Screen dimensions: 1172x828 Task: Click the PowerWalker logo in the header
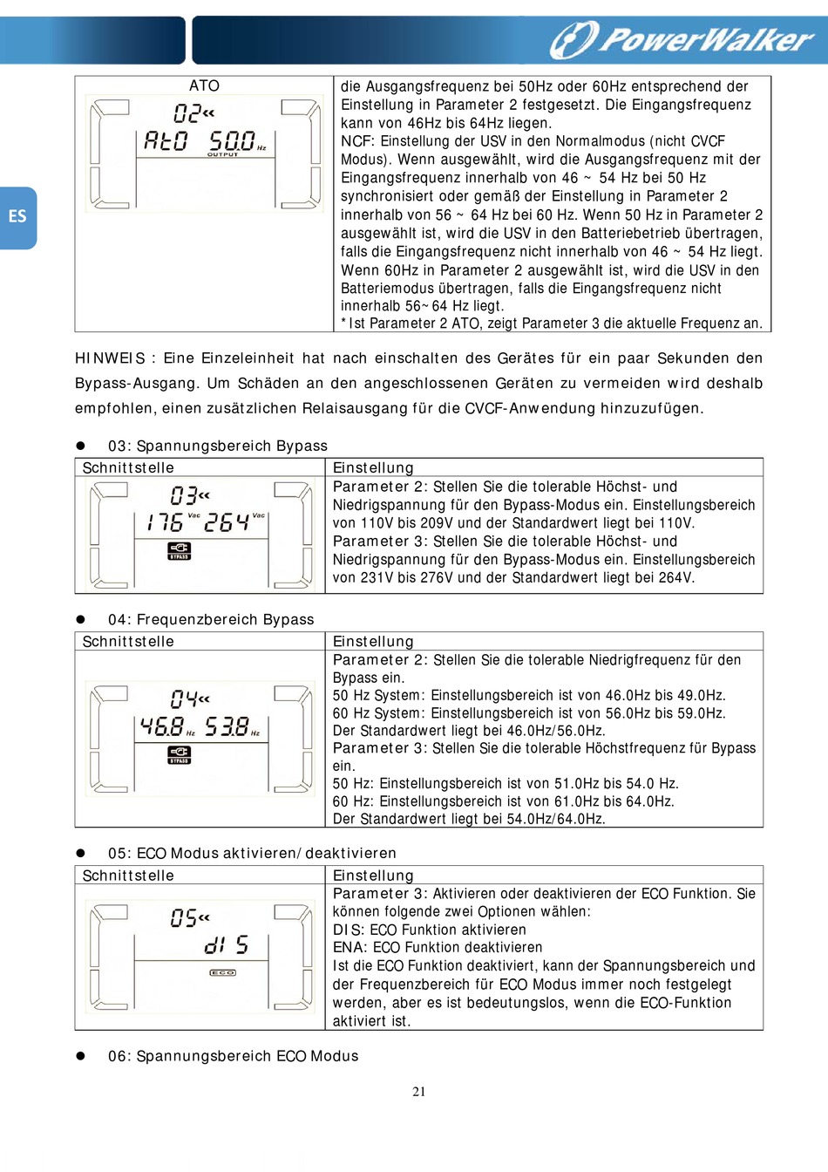[x=682, y=39]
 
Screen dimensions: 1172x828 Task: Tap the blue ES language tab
[x=17, y=217]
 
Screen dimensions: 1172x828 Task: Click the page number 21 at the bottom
[x=419, y=1091]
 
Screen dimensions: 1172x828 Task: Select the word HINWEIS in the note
[x=110, y=358]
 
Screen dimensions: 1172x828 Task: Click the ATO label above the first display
[x=204, y=85]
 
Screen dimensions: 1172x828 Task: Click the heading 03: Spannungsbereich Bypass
[x=217, y=446]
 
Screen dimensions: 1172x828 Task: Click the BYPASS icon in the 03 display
[x=179, y=550]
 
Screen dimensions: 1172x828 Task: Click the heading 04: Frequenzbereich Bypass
[x=210, y=619]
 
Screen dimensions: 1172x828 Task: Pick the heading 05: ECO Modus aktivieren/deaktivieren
[x=252, y=853]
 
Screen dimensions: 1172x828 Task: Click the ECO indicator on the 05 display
[x=222, y=972]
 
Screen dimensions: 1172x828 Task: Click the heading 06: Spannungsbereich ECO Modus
[x=233, y=1056]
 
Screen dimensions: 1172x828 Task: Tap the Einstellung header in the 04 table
[x=373, y=641]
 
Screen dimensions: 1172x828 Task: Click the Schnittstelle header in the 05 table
[x=128, y=876]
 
